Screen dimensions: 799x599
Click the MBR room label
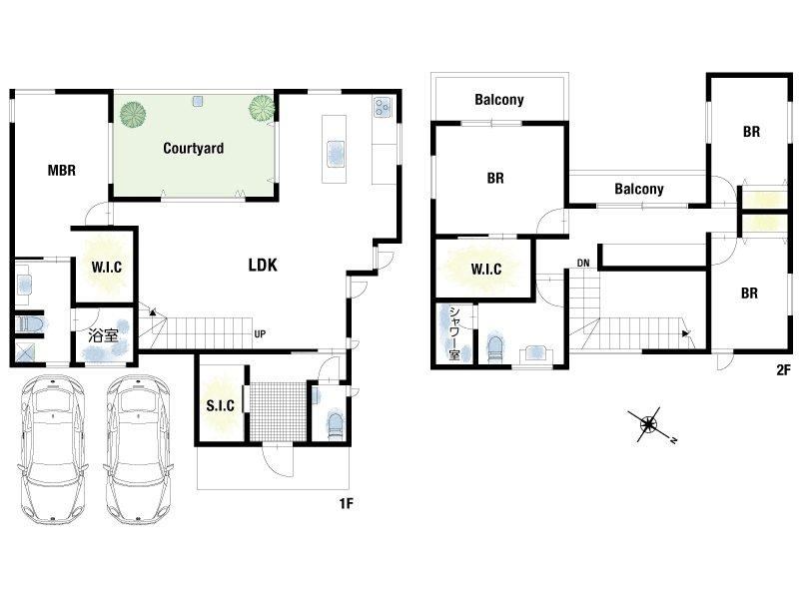point(62,170)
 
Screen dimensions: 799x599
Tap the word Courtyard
point(193,148)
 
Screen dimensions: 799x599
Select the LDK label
point(263,265)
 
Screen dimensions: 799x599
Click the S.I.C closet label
point(220,406)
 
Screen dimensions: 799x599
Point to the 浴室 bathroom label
point(104,335)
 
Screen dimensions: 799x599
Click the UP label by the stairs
point(260,334)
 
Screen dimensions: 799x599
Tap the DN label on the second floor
point(583,263)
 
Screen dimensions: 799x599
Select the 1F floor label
point(346,504)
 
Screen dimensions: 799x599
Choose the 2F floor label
point(783,369)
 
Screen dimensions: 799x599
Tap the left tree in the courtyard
point(133,114)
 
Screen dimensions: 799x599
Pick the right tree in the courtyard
point(262,107)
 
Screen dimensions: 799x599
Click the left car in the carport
point(52,450)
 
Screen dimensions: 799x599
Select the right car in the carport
point(138,450)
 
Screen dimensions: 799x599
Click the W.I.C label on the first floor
point(107,267)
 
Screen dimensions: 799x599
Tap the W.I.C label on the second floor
point(486,269)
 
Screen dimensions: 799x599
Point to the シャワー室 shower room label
point(454,332)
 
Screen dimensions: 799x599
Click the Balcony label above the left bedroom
point(498,99)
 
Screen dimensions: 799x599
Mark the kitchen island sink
point(335,153)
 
